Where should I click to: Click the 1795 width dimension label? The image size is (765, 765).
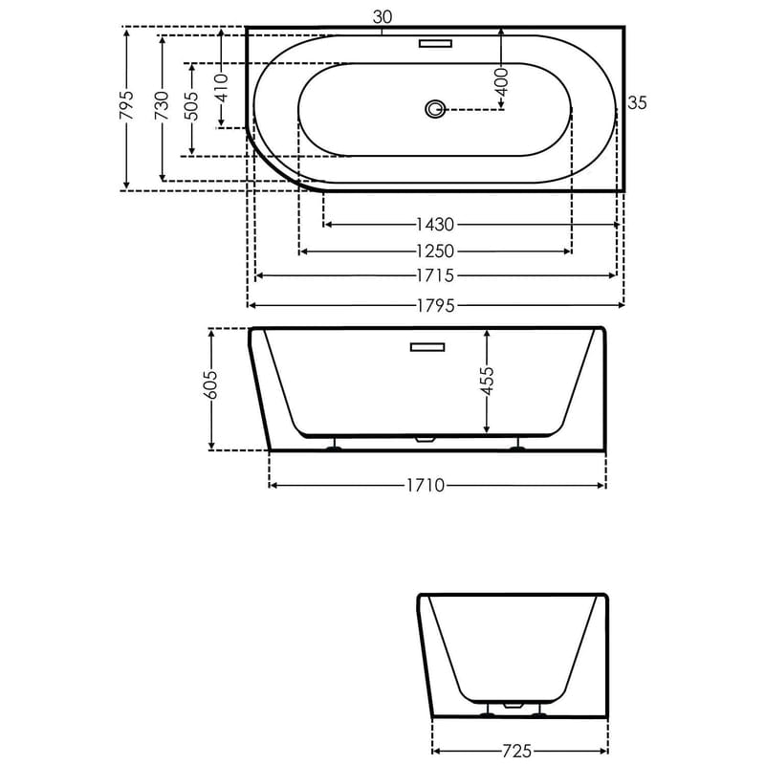434,306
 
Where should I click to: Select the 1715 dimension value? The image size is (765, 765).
434,276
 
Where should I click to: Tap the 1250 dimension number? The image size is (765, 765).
434,251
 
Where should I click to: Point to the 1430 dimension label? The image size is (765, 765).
434,225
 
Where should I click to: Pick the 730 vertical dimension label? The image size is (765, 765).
162,102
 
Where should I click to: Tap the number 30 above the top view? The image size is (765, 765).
382,15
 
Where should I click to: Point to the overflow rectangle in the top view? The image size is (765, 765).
436,43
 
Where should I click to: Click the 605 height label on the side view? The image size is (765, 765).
212,385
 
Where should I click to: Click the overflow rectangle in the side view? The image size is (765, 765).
427,347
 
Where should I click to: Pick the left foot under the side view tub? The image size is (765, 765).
334,447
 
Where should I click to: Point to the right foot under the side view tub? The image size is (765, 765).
517,447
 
